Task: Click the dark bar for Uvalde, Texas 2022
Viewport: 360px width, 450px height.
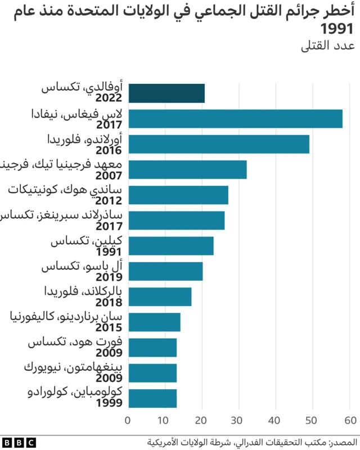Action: coord(166,93)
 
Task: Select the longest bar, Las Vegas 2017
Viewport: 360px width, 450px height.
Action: coord(235,119)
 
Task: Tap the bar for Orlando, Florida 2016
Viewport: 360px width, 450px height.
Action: coord(219,144)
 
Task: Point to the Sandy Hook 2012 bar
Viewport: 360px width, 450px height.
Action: coord(178,195)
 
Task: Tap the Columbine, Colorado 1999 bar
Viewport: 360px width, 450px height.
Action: coord(152,398)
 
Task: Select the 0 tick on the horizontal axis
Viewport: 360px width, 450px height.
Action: coord(128,420)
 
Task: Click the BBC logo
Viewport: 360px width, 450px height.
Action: coord(19,442)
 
